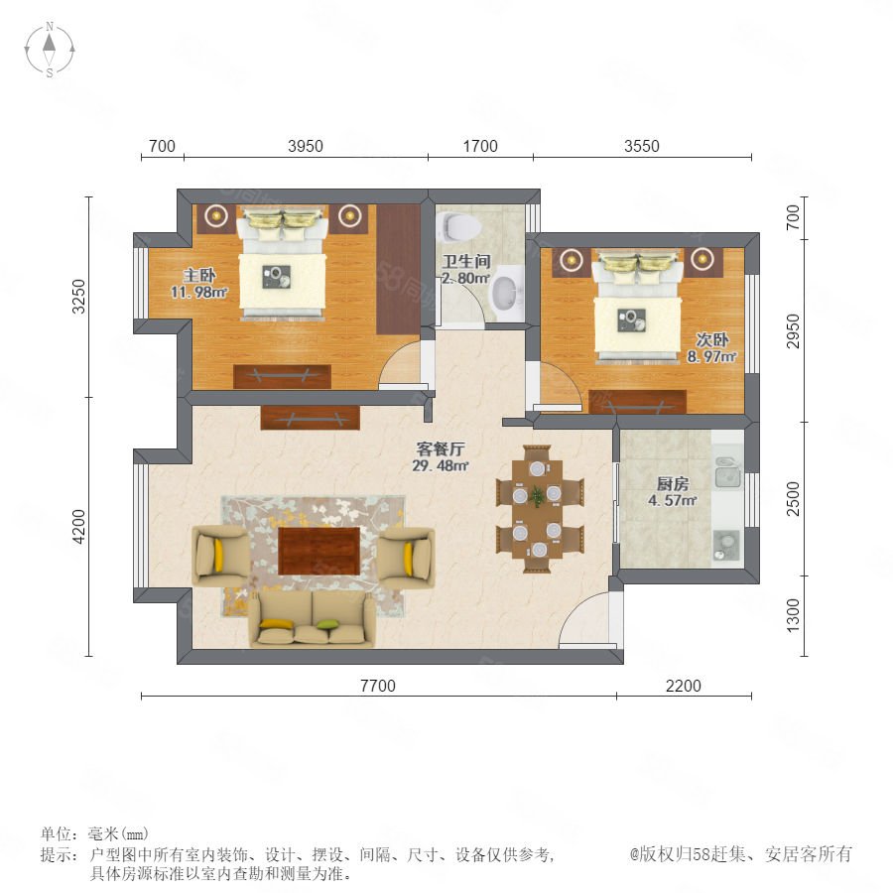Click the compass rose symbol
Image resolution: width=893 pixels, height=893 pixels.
point(50,50)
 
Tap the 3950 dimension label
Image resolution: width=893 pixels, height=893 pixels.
point(306,147)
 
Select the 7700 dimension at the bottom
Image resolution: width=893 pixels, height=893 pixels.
point(378,686)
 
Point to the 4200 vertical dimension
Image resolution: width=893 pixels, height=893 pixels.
point(78,526)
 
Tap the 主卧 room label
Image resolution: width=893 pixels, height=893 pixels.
point(199,276)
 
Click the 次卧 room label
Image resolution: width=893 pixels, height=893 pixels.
point(712,340)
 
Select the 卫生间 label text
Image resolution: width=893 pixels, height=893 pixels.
point(466,261)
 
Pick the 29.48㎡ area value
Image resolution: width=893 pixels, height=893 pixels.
point(441,466)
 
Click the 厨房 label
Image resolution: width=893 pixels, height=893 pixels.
point(673,484)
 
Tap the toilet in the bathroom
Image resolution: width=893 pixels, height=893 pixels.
point(459,226)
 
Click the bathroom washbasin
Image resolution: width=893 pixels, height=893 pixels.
point(506,293)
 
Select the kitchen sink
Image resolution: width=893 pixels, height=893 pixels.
point(727,472)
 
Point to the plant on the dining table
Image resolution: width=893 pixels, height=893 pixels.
point(537,496)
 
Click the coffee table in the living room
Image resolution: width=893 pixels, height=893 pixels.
point(319,551)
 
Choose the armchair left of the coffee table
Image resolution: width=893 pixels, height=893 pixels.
point(220,556)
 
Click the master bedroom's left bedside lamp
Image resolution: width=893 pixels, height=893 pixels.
point(216,215)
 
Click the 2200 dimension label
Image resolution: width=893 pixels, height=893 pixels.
point(684,686)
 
